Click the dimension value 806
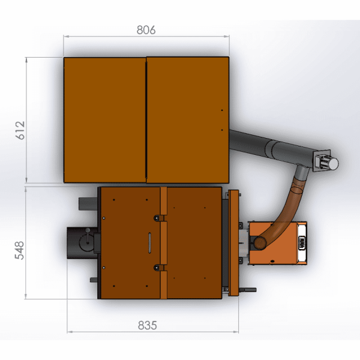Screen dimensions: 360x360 [146, 30]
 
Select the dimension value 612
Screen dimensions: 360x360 [20, 130]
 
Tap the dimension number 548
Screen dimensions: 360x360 [19, 250]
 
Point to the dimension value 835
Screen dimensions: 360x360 [148, 325]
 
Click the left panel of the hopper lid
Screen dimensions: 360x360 [104, 120]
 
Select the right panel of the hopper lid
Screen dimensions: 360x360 [188, 120]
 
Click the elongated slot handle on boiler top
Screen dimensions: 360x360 [149, 243]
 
